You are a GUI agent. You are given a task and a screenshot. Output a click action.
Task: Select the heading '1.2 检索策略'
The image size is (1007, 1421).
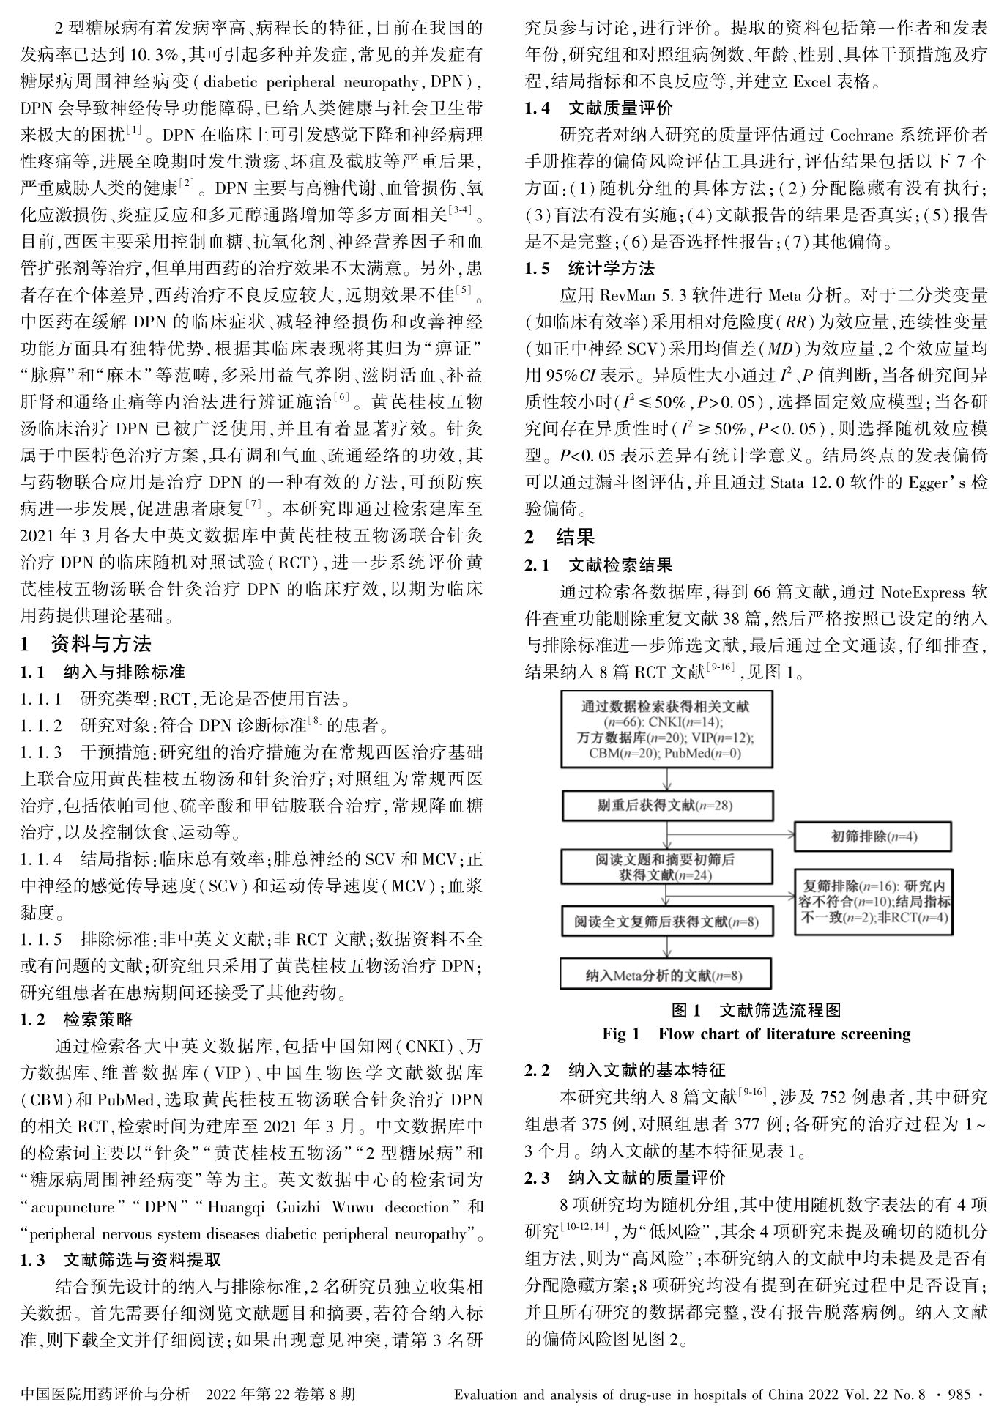[x=77, y=1020]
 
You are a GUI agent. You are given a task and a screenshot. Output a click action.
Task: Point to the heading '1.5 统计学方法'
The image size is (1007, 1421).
[x=590, y=269]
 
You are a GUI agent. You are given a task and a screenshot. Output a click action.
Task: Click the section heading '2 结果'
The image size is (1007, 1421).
[x=560, y=537]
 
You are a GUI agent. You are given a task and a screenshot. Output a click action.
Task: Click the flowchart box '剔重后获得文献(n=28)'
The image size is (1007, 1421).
[x=666, y=806]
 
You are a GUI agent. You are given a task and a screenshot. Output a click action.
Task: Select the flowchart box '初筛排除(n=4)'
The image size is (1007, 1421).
[x=873, y=836]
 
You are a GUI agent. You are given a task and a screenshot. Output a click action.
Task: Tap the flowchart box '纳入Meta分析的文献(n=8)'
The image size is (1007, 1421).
[x=666, y=975]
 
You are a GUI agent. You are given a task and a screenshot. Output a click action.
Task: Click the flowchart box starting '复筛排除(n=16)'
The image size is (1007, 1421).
[x=874, y=901]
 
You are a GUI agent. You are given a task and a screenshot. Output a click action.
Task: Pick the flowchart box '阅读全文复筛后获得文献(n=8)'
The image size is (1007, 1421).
[x=666, y=921]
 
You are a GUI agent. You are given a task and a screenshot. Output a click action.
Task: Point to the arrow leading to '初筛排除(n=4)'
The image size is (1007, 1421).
[x=732, y=834]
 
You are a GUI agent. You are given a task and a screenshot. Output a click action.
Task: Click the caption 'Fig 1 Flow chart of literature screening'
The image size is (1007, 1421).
[x=756, y=1034]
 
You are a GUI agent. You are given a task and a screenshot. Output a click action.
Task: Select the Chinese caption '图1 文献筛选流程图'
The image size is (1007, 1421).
[x=756, y=1011]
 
